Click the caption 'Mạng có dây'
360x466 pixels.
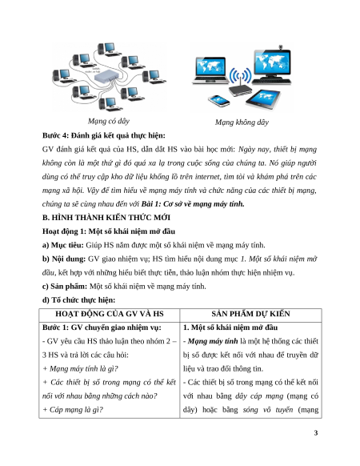coord(109,121)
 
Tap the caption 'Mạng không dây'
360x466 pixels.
coord(242,123)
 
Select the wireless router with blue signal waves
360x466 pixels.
coord(240,86)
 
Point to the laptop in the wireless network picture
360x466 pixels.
coord(210,70)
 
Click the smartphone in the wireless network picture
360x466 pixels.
coord(219,101)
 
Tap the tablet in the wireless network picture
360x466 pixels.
coord(263,99)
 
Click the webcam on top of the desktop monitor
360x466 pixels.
coord(280,47)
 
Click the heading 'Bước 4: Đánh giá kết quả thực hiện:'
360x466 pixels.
coord(104,135)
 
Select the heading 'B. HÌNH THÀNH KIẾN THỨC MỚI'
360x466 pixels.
coord(106,218)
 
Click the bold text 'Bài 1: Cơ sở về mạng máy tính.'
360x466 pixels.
coord(193,204)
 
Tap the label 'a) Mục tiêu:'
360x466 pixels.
coord(63,245)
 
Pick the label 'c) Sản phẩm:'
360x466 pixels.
coord(65,286)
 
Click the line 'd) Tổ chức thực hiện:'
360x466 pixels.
coord(78,300)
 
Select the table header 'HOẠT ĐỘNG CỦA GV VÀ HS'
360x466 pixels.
coord(110,314)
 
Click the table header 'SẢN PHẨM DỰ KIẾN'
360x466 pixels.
coord(250,314)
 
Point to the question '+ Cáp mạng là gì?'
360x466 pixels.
coord(73,410)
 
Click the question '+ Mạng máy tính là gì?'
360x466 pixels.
coord(80,369)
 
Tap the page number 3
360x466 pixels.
coord(316,433)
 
